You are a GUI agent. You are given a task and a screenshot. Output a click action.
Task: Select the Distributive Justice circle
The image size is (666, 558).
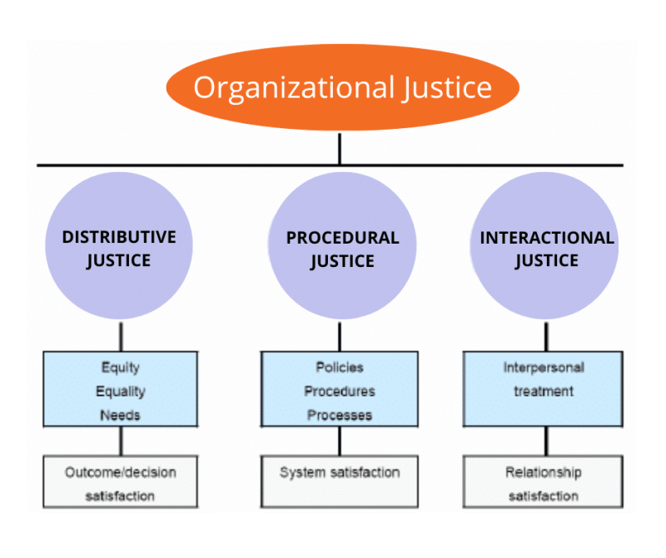click(120, 248)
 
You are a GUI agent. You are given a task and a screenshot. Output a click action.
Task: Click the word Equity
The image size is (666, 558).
click(120, 367)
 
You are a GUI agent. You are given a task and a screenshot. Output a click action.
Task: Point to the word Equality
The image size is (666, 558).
click(120, 391)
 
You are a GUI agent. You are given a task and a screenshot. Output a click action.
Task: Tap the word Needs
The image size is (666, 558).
click(120, 414)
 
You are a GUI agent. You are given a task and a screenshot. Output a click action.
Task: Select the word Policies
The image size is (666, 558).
click(340, 367)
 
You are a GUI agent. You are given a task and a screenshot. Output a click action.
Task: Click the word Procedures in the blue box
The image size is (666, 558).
click(340, 391)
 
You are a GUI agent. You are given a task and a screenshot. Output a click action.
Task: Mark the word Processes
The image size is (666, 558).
click(340, 414)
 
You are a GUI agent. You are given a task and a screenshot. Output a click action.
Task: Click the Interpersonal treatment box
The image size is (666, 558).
click(543, 388)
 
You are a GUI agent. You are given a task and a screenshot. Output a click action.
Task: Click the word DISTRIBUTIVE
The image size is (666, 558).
click(120, 237)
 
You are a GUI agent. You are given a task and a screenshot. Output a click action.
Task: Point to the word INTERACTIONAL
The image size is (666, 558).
click(546, 238)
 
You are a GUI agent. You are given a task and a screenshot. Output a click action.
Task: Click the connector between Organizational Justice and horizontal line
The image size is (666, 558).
click(340, 149)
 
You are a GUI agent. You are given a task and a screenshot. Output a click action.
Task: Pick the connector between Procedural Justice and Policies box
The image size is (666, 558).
click(340, 337)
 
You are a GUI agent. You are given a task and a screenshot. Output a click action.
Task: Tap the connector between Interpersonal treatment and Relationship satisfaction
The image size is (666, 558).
click(546, 440)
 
